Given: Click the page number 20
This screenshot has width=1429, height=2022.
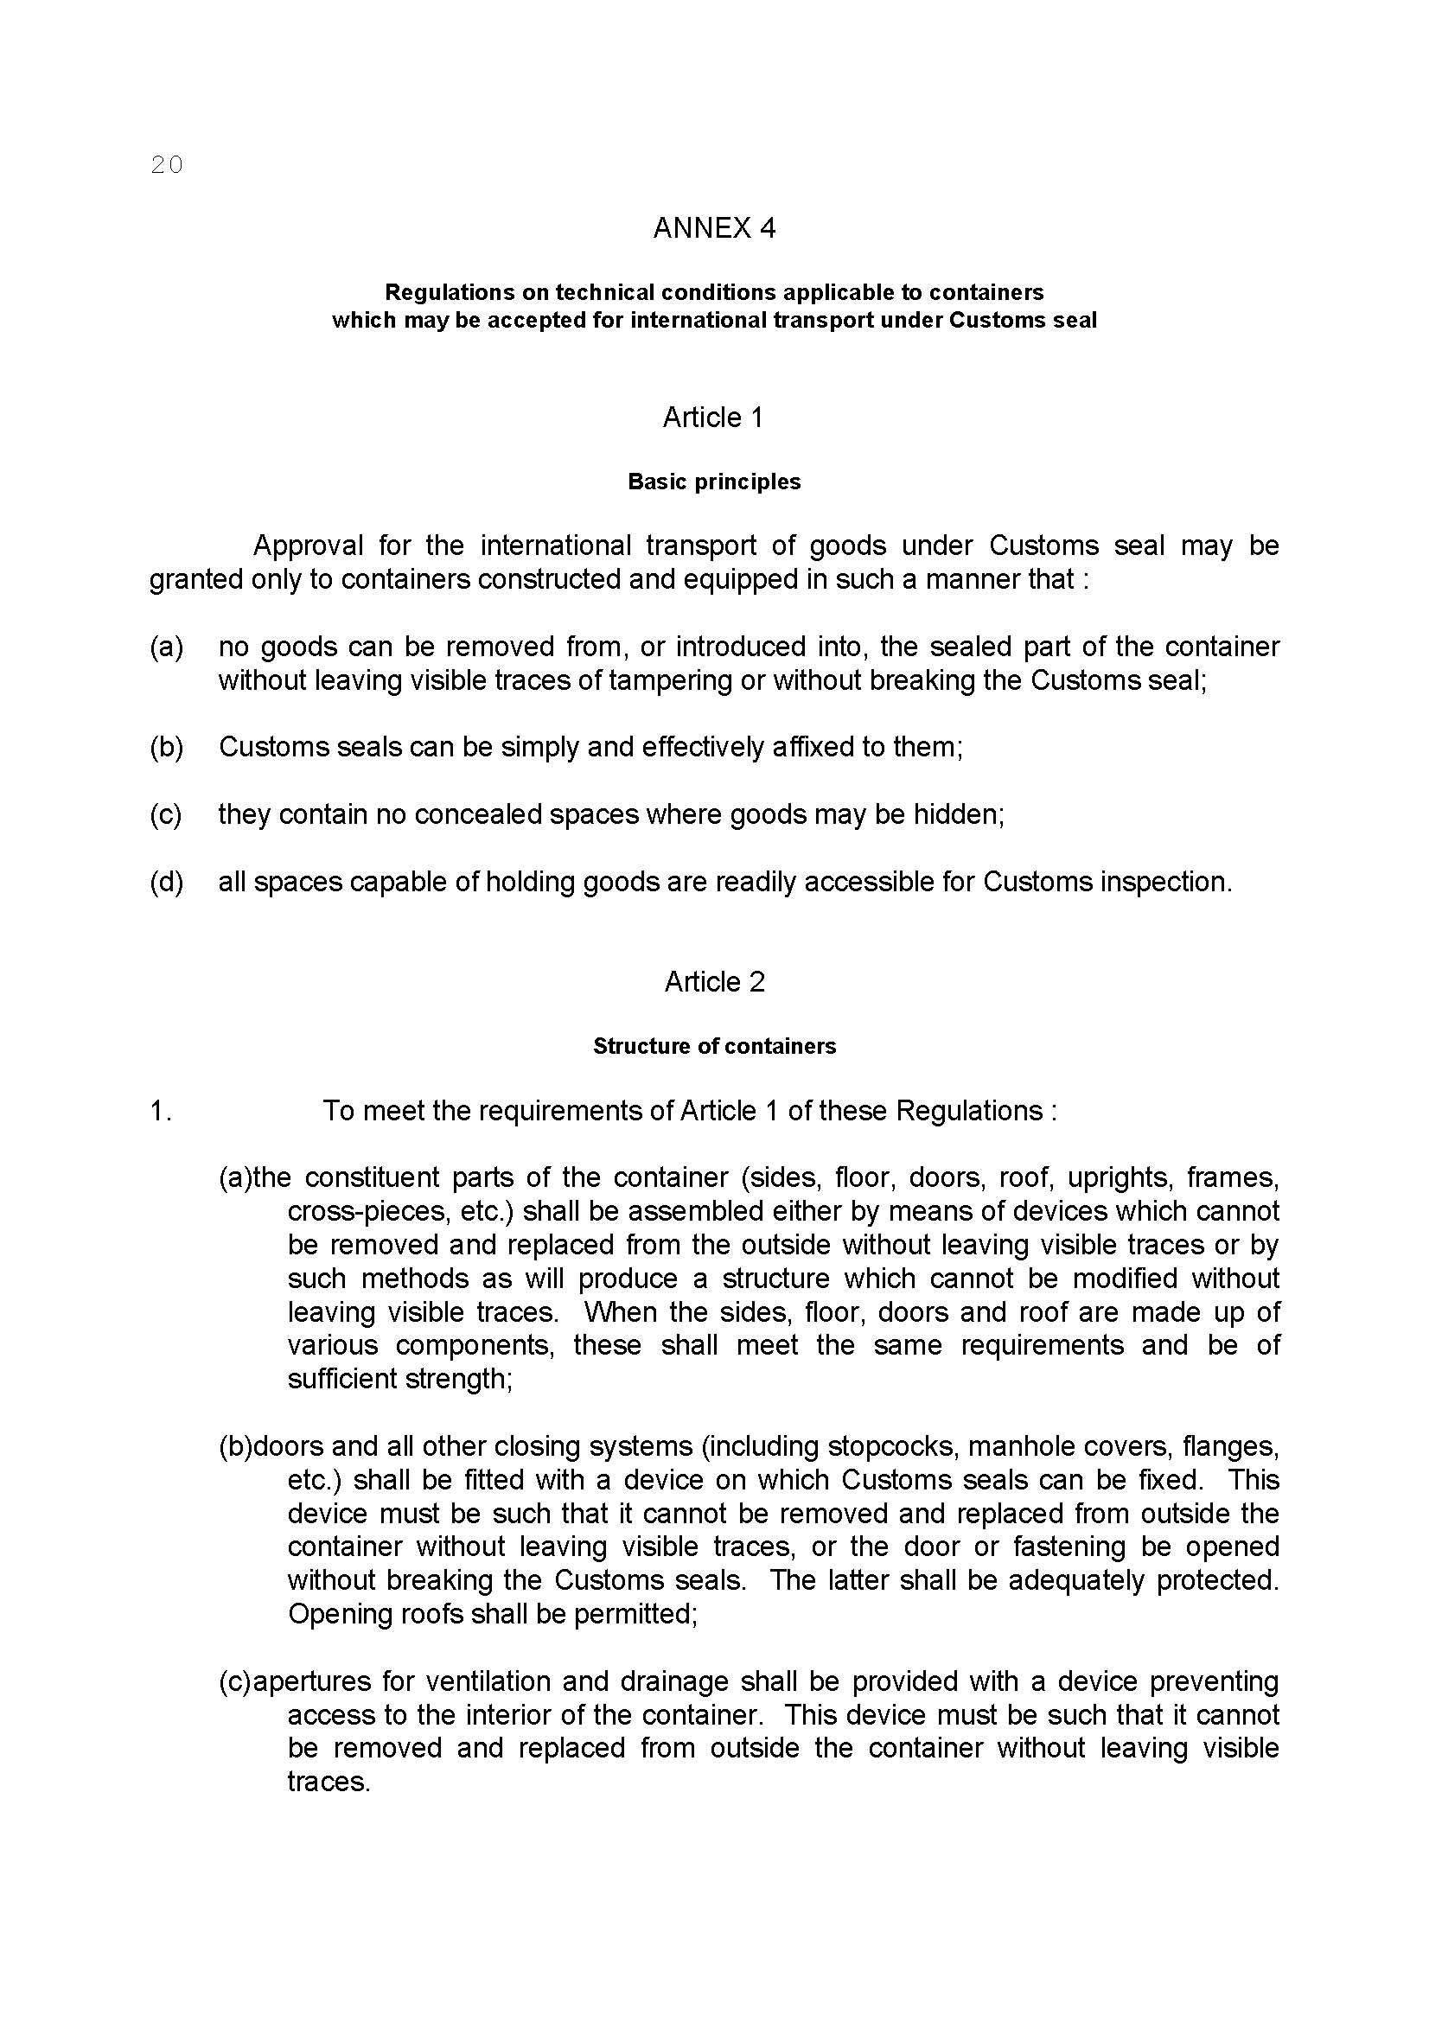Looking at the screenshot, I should pyautogui.click(x=166, y=165).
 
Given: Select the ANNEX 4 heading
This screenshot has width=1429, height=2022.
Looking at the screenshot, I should pyautogui.click(x=714, y=228).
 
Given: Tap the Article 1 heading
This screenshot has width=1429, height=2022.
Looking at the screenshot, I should pyautogui.click(x=713, y=418).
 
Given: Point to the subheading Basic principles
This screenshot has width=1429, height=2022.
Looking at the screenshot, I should pyautogui.click(x=714, y=482).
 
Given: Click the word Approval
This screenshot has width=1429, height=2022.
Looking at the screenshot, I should pyautogui.click(x=308, y=546).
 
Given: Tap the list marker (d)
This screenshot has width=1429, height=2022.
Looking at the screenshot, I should pyautogui.click(x=165, y=882).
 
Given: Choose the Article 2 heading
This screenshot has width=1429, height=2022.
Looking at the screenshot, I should pyautogui.click(x=714, y=982).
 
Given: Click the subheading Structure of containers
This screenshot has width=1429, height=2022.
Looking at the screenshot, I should pyautogui.click(x=714, y=1046).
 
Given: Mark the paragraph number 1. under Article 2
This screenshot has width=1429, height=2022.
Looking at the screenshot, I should pyautogui.click(x=160, y=1112).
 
